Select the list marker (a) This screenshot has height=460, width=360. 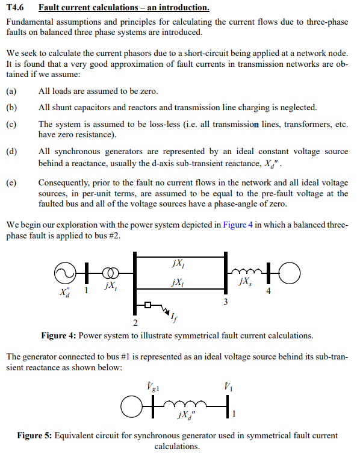pyautogui.click(x=11, y=92)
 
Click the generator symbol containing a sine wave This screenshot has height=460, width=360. pyautogui.click(x=63, y=273)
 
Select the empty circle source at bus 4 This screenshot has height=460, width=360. pyautogui.click(x=288, y=273)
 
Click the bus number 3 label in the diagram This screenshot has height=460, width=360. pyautogui.click(x=225, y=302)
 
